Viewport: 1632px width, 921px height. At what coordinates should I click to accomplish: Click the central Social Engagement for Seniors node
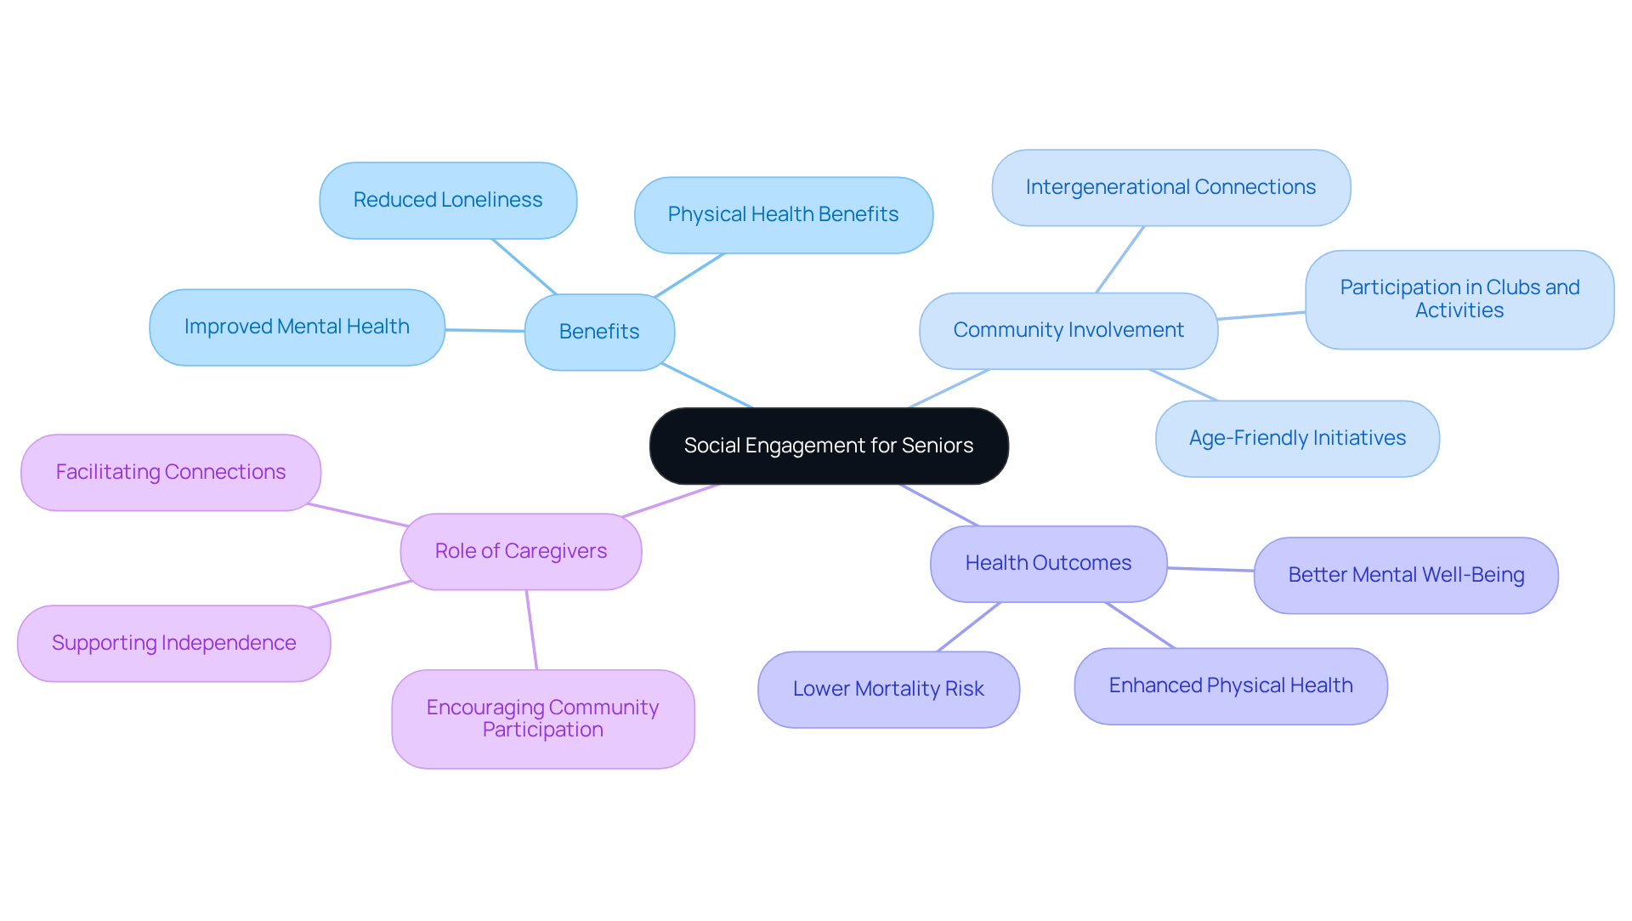pos(829,446)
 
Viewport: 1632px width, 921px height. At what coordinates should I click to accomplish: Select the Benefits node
pos(599,332)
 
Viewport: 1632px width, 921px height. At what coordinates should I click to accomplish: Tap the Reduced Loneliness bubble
pos(448,200)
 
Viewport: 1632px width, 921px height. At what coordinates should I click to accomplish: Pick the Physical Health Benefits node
pos(783,214)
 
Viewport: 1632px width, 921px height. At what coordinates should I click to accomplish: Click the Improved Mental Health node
pos(297,327)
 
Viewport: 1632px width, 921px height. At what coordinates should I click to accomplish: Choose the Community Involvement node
pos(1068,330)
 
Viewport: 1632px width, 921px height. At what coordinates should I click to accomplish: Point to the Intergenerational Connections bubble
pos(1170,187)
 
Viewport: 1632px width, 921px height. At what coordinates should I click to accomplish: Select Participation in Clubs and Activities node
pos(1459,299)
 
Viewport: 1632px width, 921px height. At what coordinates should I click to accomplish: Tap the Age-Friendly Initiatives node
pos(1297,438)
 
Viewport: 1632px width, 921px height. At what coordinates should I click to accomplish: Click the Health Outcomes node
pos(1048,563)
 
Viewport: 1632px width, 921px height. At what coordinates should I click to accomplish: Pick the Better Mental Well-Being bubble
pos(1406,575)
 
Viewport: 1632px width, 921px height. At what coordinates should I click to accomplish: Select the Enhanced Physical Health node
pos(1231,685)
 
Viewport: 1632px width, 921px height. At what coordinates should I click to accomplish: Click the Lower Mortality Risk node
pos(888,689)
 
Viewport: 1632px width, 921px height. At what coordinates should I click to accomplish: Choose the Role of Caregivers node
pos(521,551)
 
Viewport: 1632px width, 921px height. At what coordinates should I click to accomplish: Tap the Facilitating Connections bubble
pos(171,472)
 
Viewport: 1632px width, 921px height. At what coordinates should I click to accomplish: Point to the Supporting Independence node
pos(174,643)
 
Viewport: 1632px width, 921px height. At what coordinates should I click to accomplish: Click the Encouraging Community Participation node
pos(543,719)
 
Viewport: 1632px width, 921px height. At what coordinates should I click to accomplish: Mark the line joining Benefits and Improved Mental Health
pos(484,330)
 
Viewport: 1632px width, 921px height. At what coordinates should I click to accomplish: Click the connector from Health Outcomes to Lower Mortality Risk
pos(969,627)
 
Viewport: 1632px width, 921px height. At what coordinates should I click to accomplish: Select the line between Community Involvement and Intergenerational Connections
pos(1120,259)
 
